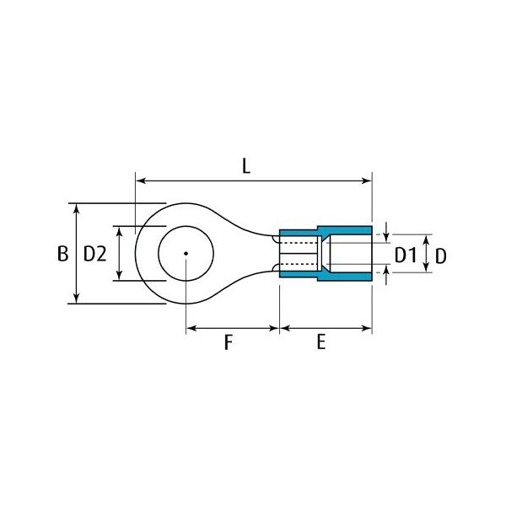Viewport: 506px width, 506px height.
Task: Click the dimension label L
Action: pos(246,167)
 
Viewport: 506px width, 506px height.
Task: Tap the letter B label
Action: pos(62,254)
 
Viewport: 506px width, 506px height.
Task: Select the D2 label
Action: pos(94,254)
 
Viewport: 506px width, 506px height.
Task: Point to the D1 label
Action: pos(406,256)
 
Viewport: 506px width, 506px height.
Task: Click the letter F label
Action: pos(229,342)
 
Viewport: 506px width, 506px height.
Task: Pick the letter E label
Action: pos(320,342)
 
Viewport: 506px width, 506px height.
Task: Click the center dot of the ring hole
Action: pos(186,253)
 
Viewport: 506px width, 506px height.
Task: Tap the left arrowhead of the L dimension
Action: pos(141,180)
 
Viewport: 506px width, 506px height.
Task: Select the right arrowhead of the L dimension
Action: pos(367,180)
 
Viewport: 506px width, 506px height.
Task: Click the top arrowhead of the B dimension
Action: pos(77,209)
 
